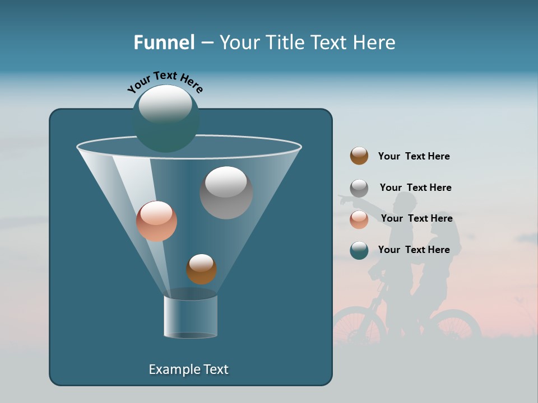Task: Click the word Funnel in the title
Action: click(x=164, y=43)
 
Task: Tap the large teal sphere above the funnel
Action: click(x=166, y=119)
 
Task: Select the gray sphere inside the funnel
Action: click(x=226, y=193)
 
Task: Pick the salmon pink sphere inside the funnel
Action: click(x=156, y=221)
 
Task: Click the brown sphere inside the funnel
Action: click(x=201, y=269)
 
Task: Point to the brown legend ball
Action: click(x=359, y=156)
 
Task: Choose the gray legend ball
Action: click(x=359, y=188)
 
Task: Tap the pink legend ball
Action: click(x=359, y=219)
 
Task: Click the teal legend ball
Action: click(x=359, y=250)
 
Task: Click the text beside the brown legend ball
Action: click(x=414, y=156)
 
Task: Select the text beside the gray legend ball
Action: click(x=415, y=188)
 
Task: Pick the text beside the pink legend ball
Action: click(x=416, y=218)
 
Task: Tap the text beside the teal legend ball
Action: click(x=414, y=250)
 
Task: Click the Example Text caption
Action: click(x=188, y=369)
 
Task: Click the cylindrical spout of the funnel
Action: click(x=191, y=317)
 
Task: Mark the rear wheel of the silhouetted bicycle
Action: click(x=457, y=327)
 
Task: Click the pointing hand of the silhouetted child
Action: click(x=342, y=198)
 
